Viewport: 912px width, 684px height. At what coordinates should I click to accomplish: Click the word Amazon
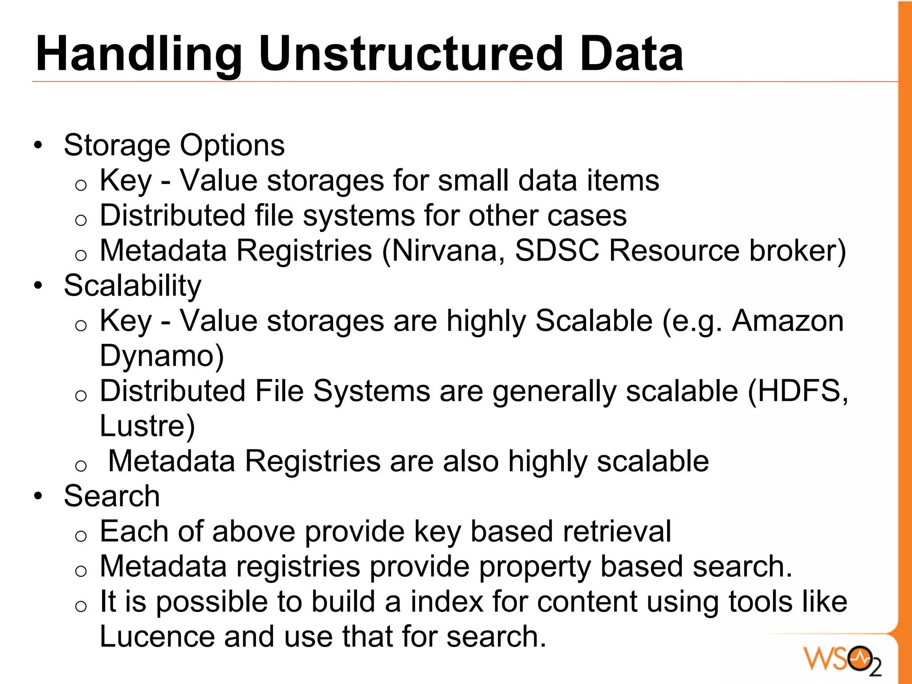pos(788,321)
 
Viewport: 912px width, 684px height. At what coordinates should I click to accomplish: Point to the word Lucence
pos(157,636)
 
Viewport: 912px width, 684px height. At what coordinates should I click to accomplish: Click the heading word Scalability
pos(132,285)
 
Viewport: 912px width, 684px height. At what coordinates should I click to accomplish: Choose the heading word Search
pos(112,496)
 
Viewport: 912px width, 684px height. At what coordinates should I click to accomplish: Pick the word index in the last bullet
pos(447,602)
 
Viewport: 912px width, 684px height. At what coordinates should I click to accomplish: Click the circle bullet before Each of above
pos(81,536)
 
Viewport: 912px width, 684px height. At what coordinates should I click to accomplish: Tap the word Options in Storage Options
pos(232,146)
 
